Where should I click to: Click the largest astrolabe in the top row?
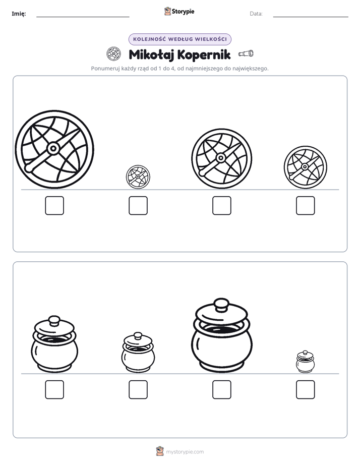click(54, 149)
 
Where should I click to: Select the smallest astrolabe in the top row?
click(138, 177)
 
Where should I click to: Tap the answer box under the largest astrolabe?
click(54, 205)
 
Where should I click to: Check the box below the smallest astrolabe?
click(138, 205)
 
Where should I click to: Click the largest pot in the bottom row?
click(221, 335)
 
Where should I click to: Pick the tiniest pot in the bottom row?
click(306, 362)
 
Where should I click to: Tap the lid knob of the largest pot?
click(221, 304)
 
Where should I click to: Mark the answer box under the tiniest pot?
click(306, 390)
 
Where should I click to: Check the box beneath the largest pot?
click(221, 390)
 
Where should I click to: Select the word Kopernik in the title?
click(204, 54)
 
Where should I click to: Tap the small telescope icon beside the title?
click(246, 53)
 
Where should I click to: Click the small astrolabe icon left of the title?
click(114, 54)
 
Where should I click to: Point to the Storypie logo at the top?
click(179, 11)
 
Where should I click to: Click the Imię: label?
click(19, 14)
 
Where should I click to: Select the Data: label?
click(256, 14)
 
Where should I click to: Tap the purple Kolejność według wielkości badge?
click(179, 39)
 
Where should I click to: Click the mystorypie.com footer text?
click(185, 452)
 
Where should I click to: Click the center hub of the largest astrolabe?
click(53, 148)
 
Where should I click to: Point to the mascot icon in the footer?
click(160, 451)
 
